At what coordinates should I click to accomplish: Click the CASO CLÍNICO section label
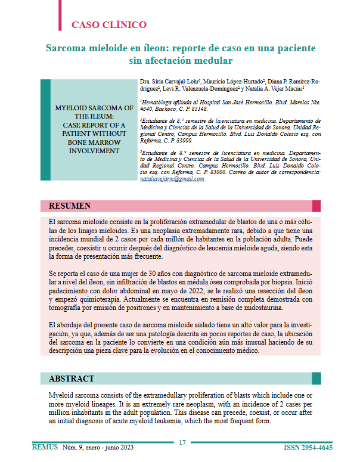pyautogui.click(x=109, y=25)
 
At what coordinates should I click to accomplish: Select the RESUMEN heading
pyautogui.click(x=70, y=206)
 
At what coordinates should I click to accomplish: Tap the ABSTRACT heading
pyautogui.click(x=71, y=379)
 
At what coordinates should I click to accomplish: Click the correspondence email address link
pyautogui.click(x=172, y=179)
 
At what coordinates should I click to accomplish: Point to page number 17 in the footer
pyautogui.click(x=182, y=442)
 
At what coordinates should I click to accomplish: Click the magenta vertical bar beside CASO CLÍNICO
pyautogui.click(x=60, y=15)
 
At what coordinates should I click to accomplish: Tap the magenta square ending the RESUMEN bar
pyautogui.click(x=316, y=206)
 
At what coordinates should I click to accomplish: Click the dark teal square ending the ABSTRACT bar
pyautogui.click(x=316, y=379)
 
